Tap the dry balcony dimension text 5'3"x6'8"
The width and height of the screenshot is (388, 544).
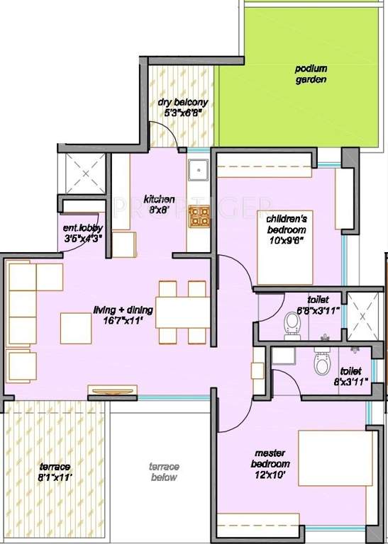183,111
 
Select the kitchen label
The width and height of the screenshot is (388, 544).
159,199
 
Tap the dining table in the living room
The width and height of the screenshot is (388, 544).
181,312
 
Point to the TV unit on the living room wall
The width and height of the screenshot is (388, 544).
112,390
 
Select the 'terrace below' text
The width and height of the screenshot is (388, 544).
164,472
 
